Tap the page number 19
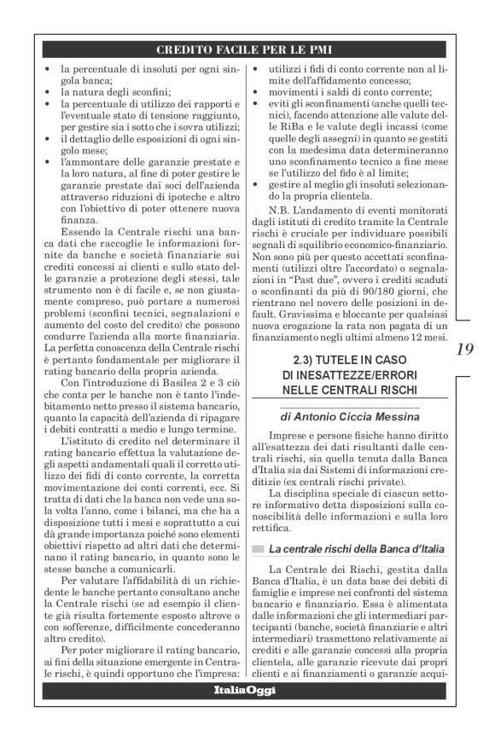(x=464, y=349)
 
